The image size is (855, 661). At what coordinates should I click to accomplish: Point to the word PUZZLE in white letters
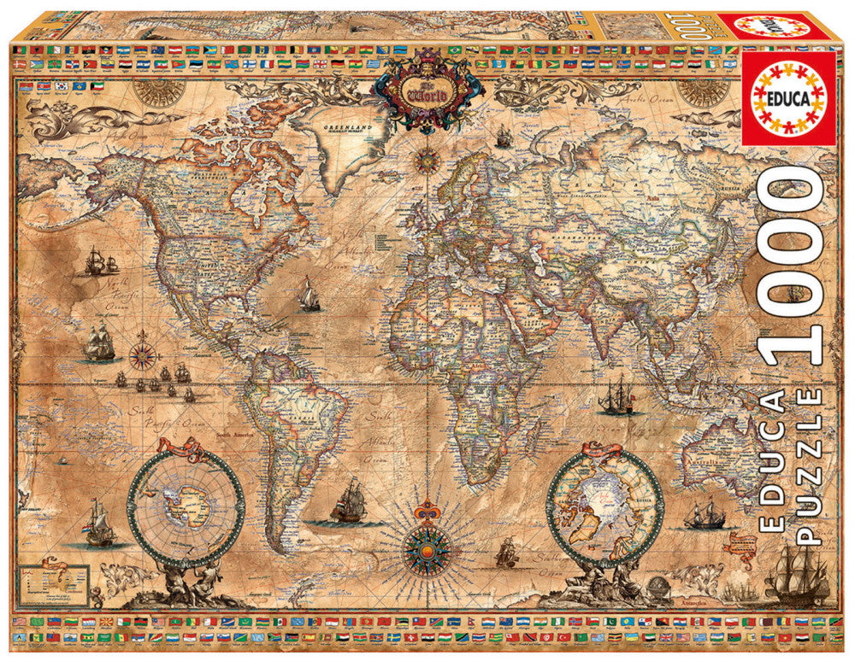click(810, 466)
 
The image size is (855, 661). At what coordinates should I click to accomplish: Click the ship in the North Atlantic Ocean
click(310, 295)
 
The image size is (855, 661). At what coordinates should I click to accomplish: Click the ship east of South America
click(349, 502)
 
